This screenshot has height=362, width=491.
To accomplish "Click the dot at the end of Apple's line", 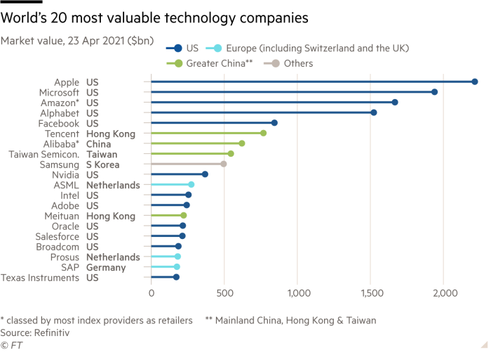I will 475,82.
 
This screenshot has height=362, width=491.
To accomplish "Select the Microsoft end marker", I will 435,92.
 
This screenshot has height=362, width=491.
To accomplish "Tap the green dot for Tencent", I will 264,133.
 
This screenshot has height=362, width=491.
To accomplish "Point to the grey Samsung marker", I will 224,164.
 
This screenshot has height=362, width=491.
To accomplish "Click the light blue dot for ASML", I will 191,184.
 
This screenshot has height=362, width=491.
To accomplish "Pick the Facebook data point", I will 274,123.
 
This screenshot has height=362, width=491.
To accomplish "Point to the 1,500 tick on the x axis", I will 371,292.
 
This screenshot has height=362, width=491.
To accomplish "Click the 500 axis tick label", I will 224,292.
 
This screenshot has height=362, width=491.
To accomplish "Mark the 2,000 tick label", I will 445,292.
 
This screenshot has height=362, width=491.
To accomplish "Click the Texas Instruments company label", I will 40,278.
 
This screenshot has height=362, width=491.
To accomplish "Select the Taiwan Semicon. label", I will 43,154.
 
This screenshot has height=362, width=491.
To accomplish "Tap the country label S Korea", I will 103,164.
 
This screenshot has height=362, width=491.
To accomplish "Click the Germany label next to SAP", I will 106,267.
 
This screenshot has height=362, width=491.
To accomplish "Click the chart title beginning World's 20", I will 155,18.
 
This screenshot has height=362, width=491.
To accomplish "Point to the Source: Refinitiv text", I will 35,332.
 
